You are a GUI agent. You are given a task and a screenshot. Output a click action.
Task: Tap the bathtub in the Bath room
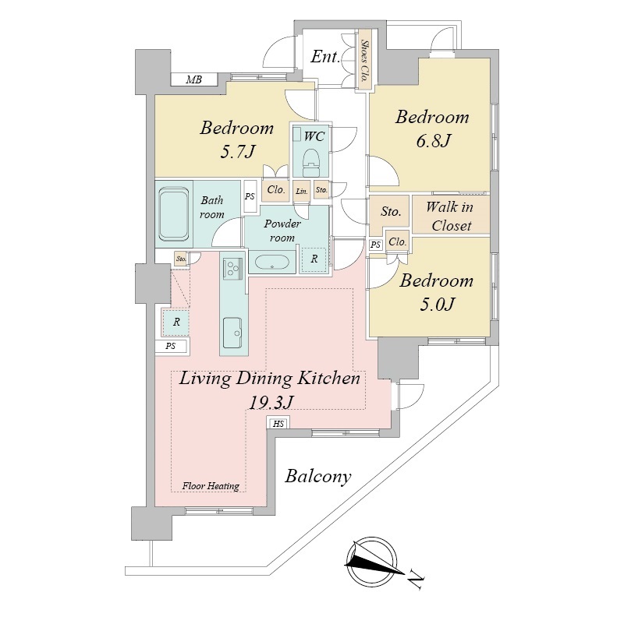174,214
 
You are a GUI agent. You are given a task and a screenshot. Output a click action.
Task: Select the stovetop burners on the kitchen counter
232,266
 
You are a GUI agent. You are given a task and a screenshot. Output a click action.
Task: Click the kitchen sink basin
232,333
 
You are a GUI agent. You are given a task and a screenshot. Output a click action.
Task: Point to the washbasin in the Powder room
271,263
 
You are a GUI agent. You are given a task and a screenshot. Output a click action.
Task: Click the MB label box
194,79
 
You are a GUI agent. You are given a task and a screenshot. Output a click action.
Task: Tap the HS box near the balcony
278,424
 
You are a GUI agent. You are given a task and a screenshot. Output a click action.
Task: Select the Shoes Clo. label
363,61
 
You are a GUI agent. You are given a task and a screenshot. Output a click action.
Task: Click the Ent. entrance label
325,57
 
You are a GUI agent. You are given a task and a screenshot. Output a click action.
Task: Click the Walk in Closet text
450,216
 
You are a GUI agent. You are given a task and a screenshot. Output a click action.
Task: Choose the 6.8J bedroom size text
433,141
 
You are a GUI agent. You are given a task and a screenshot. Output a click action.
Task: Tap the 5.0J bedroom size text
437,305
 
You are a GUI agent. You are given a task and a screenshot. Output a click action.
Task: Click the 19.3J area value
271,402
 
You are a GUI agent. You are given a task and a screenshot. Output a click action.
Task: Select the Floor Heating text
211,486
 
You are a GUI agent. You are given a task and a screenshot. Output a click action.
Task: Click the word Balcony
318,476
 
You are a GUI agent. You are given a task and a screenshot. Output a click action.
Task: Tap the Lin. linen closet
302,192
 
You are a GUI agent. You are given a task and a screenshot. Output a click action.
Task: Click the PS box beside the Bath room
250,196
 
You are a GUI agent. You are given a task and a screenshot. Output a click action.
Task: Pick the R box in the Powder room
314,259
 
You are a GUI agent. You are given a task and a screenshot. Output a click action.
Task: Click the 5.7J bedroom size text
237,152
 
